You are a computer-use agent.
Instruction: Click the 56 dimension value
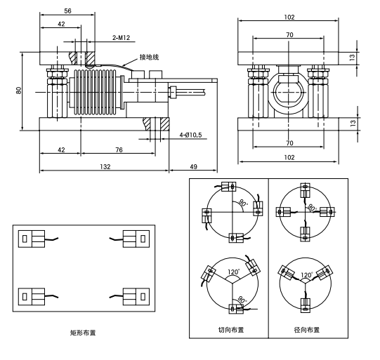[67, 12]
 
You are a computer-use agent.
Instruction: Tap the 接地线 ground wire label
[149, 55]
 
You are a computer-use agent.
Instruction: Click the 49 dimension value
[193, 167]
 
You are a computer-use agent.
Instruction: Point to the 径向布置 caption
[306, 329]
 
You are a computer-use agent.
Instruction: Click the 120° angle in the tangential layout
[231, 272]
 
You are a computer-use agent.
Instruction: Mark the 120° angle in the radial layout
[306, 276]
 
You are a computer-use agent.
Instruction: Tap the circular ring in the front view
[288, 91]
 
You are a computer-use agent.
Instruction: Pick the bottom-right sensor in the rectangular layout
[135, 296]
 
